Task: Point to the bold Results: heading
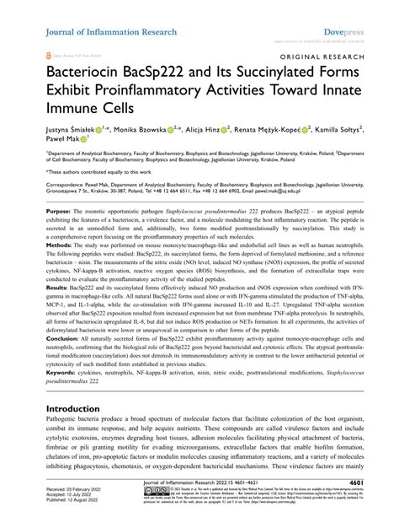click(x=59, y=310)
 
